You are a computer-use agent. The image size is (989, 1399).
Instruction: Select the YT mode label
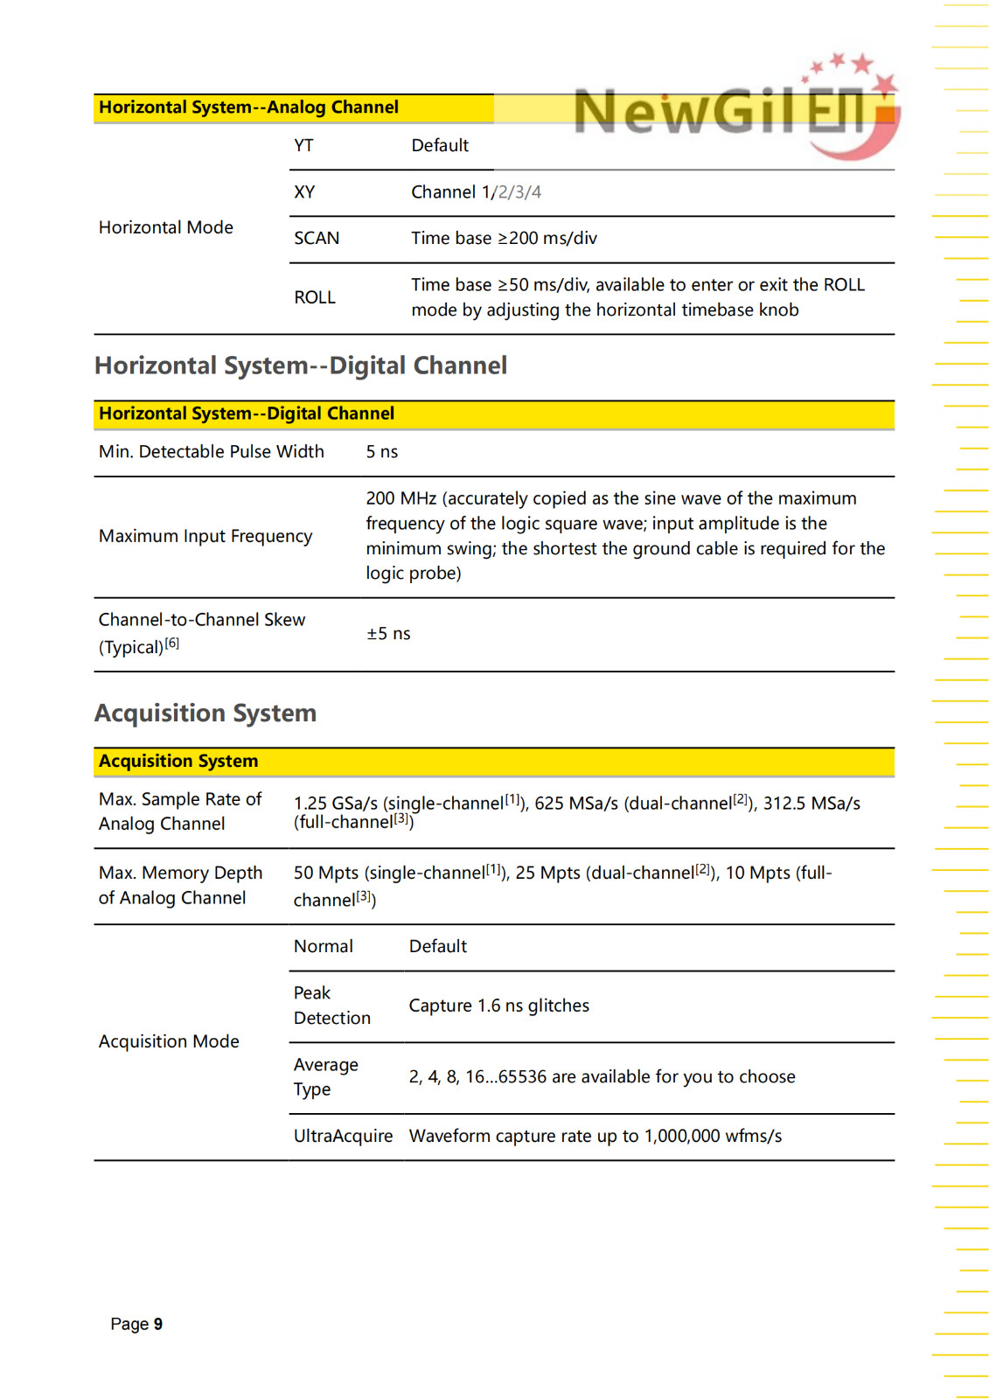point(303,145)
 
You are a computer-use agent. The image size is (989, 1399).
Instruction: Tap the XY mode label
point(304,191)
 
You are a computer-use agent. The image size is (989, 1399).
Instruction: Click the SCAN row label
point(317,238)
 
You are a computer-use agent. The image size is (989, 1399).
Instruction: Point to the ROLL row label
point(315,297)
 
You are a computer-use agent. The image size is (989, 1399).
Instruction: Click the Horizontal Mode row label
point(166,227)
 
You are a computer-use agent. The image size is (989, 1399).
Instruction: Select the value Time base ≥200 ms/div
point(504,238)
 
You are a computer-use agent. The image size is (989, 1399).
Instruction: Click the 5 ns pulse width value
point(382,451)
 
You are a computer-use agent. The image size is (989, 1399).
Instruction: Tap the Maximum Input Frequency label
point(205,536)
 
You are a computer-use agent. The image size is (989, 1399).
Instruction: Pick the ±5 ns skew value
point(388,633)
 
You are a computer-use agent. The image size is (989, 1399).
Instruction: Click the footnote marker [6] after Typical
point(172,644)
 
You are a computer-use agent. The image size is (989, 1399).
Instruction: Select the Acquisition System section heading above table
point(205,713)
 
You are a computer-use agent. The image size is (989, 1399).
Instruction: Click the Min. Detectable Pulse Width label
point(212,451)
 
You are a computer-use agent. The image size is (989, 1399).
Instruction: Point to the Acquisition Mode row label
point(169,1041)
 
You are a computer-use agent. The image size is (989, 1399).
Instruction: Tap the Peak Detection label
point(332,1006)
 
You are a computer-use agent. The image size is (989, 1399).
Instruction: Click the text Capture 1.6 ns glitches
point(499,1006)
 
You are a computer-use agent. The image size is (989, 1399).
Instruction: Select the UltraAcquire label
point(344,1136)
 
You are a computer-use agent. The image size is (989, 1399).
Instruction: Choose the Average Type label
point(326,1076)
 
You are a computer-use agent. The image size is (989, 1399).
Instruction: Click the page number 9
point(158,1324)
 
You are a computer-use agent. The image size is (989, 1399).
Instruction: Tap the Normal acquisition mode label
point(324,946)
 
